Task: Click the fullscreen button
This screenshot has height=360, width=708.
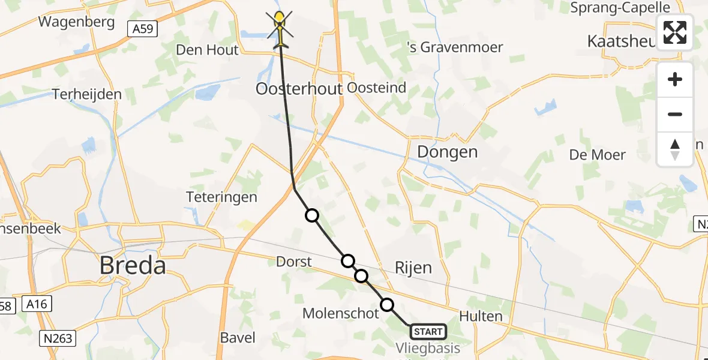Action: pos(675,32)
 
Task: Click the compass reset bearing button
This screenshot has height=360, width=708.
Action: pos(675,149)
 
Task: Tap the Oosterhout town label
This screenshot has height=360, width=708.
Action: pos(299,89)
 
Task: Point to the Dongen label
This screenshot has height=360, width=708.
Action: pos(448,152)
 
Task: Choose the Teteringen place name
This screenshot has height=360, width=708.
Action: pos(221,197)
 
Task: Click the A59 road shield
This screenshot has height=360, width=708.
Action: pos(142,28)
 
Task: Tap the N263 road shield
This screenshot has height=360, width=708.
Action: pos(59,338)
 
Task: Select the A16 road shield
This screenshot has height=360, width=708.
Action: pos(37,306)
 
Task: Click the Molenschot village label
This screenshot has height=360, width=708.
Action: pos(341,313)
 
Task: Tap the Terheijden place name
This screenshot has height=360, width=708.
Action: pos(86,94)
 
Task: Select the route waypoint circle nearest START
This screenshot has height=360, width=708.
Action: pos(388,305)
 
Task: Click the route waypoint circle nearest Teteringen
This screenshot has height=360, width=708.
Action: pos(312,215)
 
